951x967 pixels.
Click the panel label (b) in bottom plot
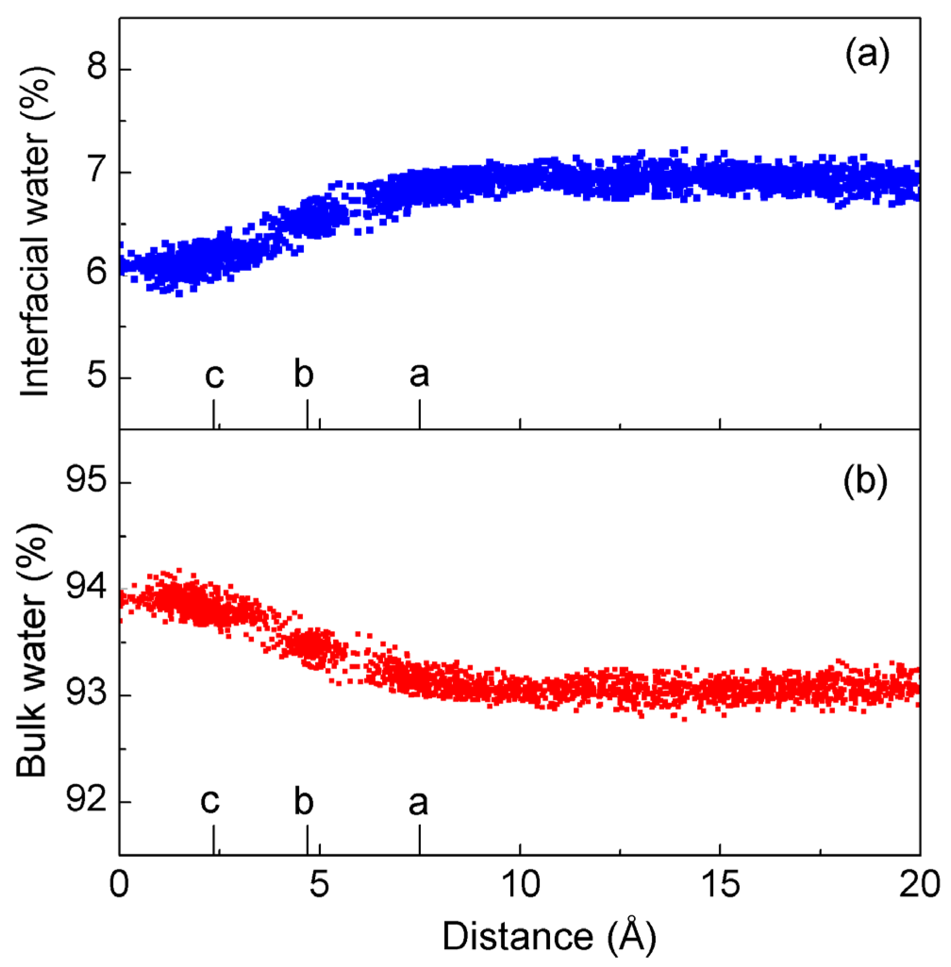click(x=866, y=482)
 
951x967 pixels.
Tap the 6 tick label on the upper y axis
click(x=96, y=272)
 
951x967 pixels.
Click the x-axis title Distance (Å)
click(x=549, y=936)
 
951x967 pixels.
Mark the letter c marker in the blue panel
click(x=214, y=376)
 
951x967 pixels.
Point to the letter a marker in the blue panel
click(x=419, y=375)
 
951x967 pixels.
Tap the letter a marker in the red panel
click(x=418, y=803)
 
